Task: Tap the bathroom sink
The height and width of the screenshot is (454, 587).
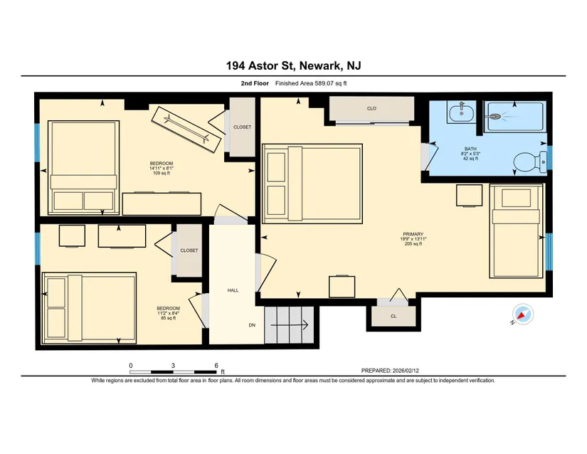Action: pyautogui.click(x=461, y=112)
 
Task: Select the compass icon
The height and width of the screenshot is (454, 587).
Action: pyautogui.click(x=523, y=314)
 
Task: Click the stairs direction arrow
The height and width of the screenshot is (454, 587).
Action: pyautogui.click(x=289, y=325)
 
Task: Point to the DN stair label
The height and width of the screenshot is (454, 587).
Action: pyautogui.click(x=252, y=325)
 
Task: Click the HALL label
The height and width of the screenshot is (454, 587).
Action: pyautogui.click(x=233, y=290)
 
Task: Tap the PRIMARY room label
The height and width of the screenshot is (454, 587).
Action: pyautogui.click(x=413, y=234)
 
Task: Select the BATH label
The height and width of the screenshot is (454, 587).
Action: pyautogui.click(x=470, y=149)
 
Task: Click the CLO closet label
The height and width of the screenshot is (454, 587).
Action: pyautogui.click(x=371, y=109)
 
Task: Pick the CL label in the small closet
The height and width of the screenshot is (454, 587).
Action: pyautogui.click(x=393, y=316)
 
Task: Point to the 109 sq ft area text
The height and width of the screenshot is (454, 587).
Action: pyautogui.click(x=162, y=173)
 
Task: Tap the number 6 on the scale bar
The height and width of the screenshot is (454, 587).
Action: pyautogui.click(x=216, y=365)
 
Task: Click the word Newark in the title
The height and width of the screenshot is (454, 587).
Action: pyautogui.click(x=320, y=66)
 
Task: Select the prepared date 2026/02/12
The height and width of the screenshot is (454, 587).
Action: pyautogui.click(x=406, y=371)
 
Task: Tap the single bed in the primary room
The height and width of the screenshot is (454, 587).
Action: pyautogui.click(x=517, y=231)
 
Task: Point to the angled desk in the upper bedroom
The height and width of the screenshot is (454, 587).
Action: pyautogui.click(x=186, y=130)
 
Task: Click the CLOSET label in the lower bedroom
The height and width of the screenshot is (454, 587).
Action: pyautogui.click(x=189, y=250)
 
